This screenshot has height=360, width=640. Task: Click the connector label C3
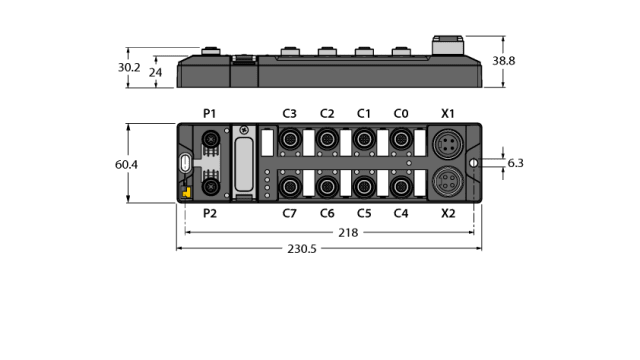click(x=290, y=113)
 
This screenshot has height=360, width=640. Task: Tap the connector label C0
click(x=401, y=113)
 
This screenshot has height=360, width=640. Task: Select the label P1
click(x=209, y=113)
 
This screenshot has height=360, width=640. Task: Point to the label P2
click(x=209, y=213)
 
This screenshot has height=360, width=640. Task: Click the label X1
click(x=448, y=113)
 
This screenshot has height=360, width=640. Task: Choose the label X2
click(x=448, y=213)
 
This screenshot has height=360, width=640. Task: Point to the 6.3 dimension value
click(x=516, y=163)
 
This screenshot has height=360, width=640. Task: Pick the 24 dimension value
click(x=154, y=73)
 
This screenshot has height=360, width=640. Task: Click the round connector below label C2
click(x=327, y=140)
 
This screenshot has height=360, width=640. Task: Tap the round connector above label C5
click(x=364, y=186)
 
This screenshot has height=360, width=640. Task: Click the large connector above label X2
click(x=447, y=183)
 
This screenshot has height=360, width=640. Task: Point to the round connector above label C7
click(x=290, y=186)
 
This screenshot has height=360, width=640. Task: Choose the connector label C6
click(x=327, y=213)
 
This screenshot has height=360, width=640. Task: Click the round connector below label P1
click(x=210, y=140)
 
